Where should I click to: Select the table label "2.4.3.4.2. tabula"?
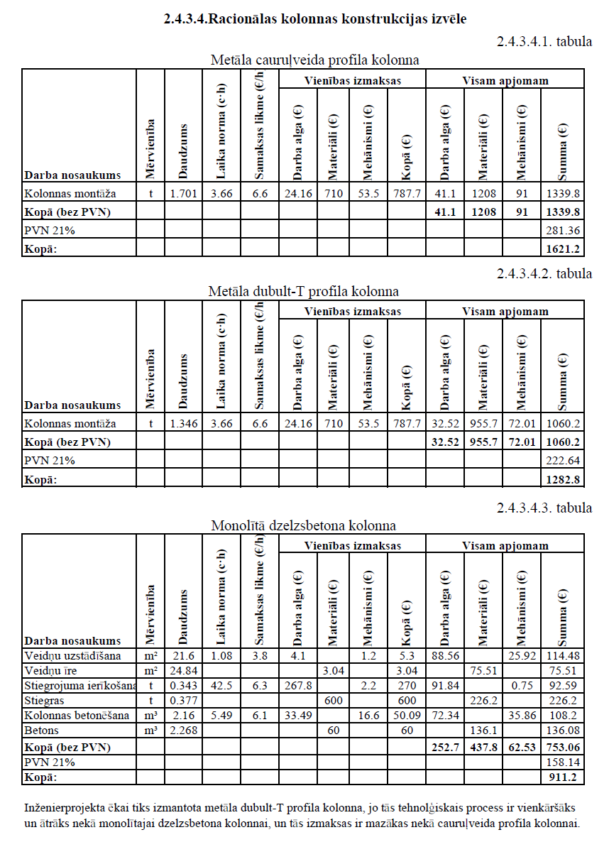[x=544, y=274]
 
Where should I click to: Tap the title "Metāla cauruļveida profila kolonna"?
[x=314, y=60]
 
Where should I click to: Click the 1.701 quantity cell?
[x=183, y=193]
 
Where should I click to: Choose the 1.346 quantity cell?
[x=183, y=424]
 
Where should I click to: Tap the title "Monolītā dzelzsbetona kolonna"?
[x=303, y=526]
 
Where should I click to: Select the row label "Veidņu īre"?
[x=50, y=670]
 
